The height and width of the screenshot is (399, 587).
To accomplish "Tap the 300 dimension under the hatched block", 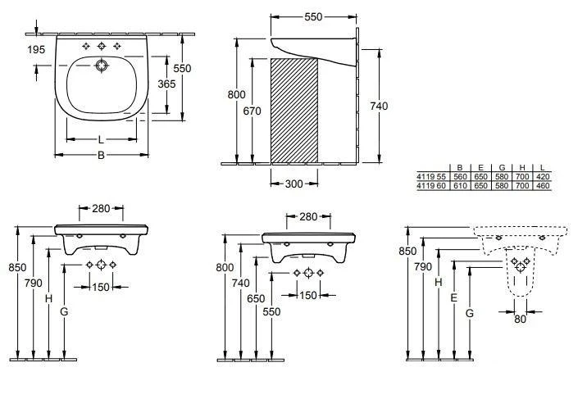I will click(x=295, y=184).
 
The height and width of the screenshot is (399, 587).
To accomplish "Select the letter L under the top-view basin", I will click(x=101, y=139).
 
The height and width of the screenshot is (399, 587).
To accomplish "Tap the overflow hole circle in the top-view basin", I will click(x=102, y=65).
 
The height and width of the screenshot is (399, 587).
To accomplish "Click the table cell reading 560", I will click(x=460, y=177).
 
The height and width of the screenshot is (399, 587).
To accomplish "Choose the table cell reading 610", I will click(x=460, y=186).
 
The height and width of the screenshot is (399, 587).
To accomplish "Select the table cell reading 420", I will click(x=544, y=177).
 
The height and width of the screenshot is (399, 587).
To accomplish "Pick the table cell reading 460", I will click(x=544, y=186).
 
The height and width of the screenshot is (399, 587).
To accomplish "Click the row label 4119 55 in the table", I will click(x=431, y=177).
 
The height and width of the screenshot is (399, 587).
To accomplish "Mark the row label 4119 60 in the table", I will click(x=431, y=186).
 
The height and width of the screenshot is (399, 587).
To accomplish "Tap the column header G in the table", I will click(x=502, y=168).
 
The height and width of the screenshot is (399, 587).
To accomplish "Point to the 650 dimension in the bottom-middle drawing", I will click(x=256, y=299).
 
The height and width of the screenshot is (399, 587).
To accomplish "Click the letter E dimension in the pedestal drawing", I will click(x=453, y=300).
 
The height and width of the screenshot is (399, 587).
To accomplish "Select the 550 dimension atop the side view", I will click(x=313, y=16).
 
